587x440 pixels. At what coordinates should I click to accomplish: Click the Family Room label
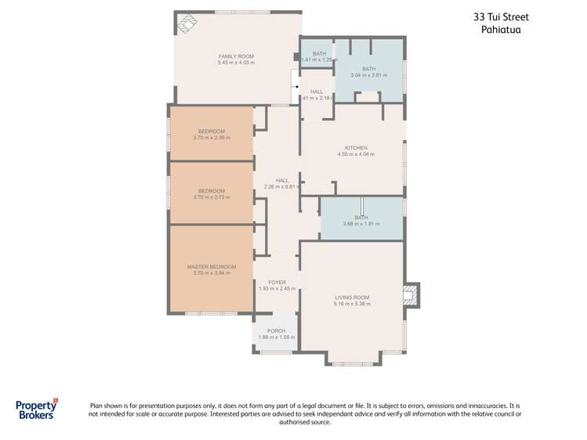(x=236, y=56)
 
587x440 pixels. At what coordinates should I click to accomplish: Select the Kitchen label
(x=356, y=148)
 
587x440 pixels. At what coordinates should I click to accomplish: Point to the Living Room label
(x=352, y=298)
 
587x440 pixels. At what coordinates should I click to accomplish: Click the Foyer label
(x=277, y=282)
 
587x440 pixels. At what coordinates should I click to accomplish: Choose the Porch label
(x=276, y=330)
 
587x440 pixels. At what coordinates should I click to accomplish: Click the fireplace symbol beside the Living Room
(x=409, y=295)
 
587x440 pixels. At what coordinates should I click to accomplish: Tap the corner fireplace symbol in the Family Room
(x=187, y=24)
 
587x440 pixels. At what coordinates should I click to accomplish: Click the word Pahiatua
(x=501, y=30)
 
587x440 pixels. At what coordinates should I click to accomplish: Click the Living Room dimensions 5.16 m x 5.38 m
(x=352, y=304)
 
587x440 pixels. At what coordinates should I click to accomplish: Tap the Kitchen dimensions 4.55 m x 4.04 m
(x=356, y=154)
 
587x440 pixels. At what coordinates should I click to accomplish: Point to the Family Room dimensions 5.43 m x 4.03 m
(x=236, y=63)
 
